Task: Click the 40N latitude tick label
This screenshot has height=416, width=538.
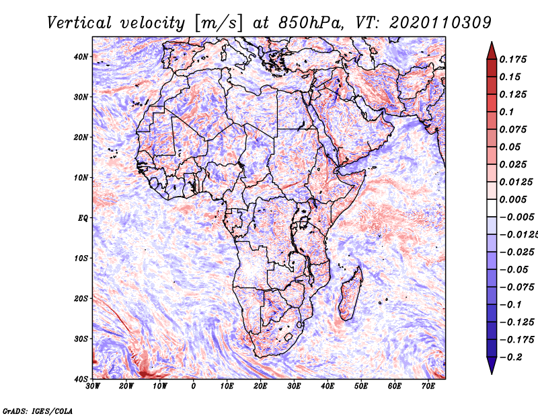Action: pos(81,57)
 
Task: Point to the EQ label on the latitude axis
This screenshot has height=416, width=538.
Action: pos(83,218)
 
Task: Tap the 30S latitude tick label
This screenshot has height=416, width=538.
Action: pos(81,339)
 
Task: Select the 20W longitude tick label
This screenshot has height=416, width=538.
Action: pos(126,386)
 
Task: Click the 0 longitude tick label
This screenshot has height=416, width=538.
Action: pos(194,386)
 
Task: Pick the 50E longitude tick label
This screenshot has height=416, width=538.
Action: pos(361,386)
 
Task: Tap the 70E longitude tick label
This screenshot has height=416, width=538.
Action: pos(428,386)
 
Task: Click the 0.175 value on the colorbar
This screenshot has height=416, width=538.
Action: pos(513,59)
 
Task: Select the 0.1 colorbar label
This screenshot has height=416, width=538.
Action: pos(507,112)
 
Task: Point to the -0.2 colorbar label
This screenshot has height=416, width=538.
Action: pos(511,357)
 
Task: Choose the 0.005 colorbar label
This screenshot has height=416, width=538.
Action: pos(513,199)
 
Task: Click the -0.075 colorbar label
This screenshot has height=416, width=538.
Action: pos(517,287)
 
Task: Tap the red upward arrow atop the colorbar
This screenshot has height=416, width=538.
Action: pos(492,51)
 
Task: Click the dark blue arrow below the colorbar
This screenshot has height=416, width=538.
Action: pos(492,365)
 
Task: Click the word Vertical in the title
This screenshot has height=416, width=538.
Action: pos(79,23)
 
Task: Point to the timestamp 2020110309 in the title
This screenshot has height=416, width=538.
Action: pos(440,23)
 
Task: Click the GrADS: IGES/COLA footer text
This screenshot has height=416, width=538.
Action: pos(38,411)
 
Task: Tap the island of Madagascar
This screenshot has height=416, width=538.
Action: pos(350,293)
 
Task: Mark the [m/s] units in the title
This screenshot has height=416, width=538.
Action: pos(219,24)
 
